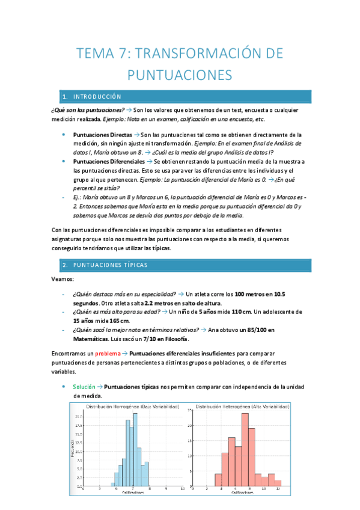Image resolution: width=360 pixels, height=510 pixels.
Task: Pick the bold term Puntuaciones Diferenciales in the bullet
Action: click(109, 162)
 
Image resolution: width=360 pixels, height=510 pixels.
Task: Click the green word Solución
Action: click(84, 387)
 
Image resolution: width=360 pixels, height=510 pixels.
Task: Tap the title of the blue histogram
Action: click(133, 407)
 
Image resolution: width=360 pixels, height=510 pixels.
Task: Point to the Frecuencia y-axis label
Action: click(73, 449)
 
